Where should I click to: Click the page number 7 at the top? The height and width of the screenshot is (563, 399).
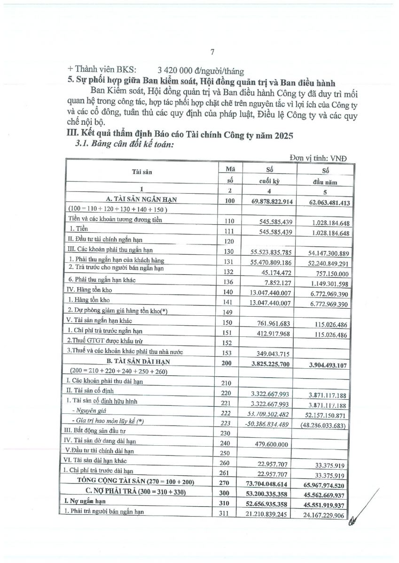pos(212,52)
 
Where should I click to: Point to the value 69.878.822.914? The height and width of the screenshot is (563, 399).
pos(271,201)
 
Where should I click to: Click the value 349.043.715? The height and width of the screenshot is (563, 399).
pos(275,351)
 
